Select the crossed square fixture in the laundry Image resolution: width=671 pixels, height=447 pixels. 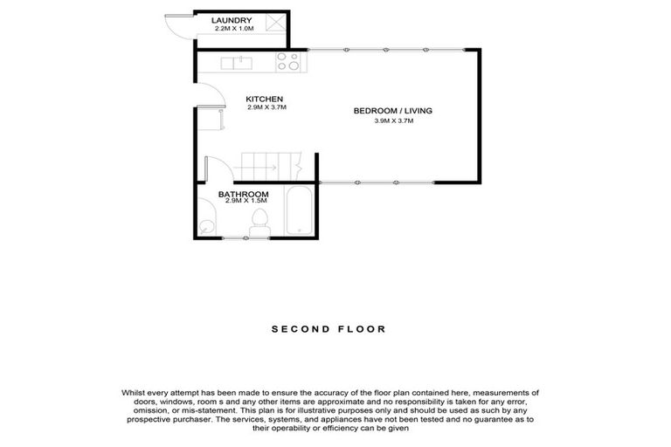coord(273,23)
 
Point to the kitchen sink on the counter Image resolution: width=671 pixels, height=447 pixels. coord(237,63)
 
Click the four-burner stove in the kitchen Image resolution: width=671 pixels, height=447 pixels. coord(288,62)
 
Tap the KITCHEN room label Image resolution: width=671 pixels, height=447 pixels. coord(265,99)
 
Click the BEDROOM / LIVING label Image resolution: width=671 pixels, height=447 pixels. coord(392,111)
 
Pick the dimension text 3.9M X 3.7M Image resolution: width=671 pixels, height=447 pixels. coord(392,121)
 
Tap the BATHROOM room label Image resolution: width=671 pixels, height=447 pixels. coord(243,194)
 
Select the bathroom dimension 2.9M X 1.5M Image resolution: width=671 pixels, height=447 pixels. coord(245,202)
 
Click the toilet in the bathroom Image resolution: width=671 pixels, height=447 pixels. coord(259,221)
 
